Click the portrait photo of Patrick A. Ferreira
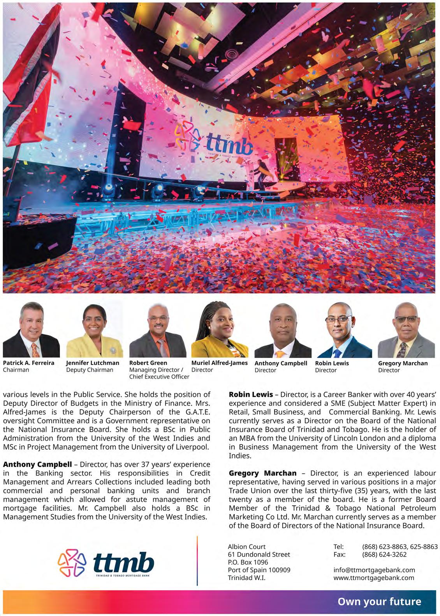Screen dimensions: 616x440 [x=31, y=331]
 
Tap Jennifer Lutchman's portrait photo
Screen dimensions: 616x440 [x=94, y=331]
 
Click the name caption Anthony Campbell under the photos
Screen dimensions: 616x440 [x=281, y=363]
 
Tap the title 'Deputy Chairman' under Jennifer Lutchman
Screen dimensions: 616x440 [x=90, y=370]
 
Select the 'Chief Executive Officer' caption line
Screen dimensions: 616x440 [x=159, y=377]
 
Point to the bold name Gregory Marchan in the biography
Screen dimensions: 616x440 [x=262, y=473]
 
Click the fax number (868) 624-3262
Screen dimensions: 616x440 [x=384, y=554]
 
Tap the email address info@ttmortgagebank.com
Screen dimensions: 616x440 [x=374, y=570]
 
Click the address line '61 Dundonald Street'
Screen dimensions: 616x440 [x=259, y=554]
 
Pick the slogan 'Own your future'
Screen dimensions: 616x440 [x=379, y=602]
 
